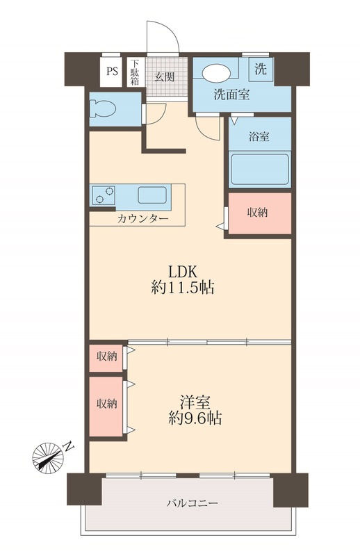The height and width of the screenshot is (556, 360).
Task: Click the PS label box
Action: click(112, 70)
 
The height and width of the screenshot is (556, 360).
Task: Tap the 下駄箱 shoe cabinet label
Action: click(134, 71)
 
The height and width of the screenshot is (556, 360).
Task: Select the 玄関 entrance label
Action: click(164, 76)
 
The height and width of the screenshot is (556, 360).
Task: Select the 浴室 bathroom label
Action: click(259, 137)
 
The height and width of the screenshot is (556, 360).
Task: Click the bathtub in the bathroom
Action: click(259, 168)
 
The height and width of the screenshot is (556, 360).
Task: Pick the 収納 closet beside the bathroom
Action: click(259, 213)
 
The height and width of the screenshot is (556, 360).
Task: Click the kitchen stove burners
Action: click(103, 195)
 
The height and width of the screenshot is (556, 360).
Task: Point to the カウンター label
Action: click(142, 218)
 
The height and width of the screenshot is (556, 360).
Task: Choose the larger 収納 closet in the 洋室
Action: click(106, 404)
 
